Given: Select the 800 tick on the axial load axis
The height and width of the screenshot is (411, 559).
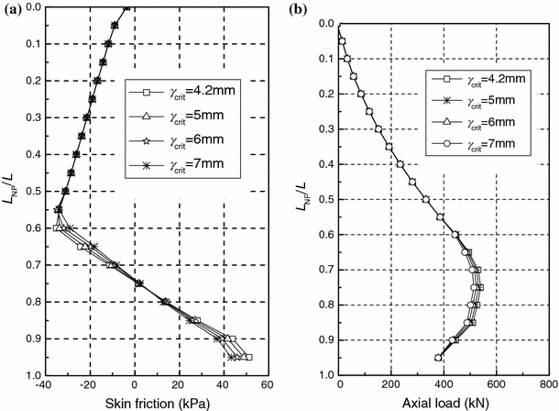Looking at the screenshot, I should pos(550,384).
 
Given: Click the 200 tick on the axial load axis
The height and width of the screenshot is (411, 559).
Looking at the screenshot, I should pos(392,384).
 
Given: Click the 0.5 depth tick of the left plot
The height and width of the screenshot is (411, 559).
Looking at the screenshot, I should pos(30,192).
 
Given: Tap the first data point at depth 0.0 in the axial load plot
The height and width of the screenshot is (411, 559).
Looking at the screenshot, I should pos(340,8).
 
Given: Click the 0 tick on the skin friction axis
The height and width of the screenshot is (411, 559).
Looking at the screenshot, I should pos(135,384).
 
